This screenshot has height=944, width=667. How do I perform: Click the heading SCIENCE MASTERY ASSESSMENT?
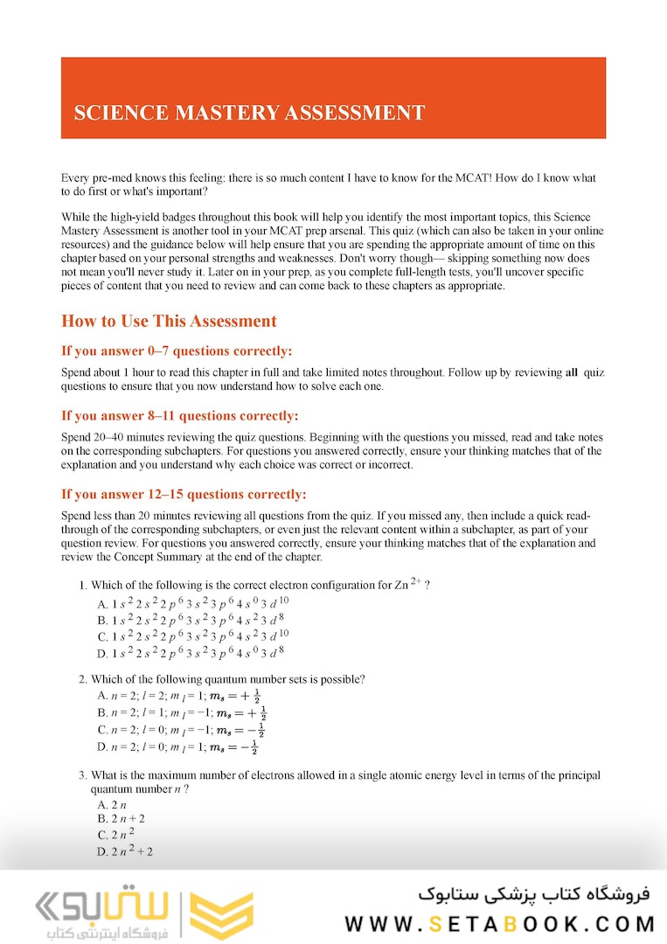249,113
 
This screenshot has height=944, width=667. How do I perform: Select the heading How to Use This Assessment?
169,321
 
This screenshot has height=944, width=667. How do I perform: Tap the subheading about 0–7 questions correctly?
177,351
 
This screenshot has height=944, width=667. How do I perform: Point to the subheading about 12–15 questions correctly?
184,494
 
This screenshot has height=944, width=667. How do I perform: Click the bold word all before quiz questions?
572,372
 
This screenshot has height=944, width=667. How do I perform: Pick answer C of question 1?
192,636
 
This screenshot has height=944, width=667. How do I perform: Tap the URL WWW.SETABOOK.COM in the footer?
500,923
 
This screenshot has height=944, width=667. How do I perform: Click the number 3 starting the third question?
81,775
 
